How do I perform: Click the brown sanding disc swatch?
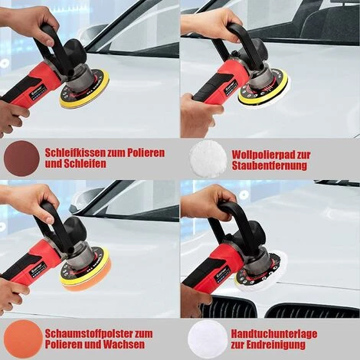pos(21,159)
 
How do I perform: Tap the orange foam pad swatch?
pos(23,339)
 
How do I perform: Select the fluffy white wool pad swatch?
pos(208,159)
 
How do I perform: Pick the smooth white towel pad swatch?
pos(208,339)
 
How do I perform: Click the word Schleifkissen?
pos(75,152)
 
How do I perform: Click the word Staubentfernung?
pos(270,165)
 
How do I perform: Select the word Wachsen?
pos(124,345)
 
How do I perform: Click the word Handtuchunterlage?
pos(274,334)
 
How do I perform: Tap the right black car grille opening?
pos(313,310)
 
